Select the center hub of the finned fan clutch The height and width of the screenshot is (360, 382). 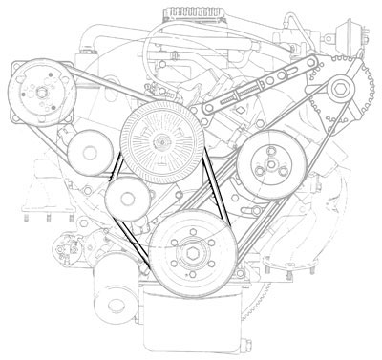(160, 142)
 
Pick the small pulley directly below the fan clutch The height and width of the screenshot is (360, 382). (126, 199)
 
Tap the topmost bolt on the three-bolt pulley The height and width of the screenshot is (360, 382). (269, 152)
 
